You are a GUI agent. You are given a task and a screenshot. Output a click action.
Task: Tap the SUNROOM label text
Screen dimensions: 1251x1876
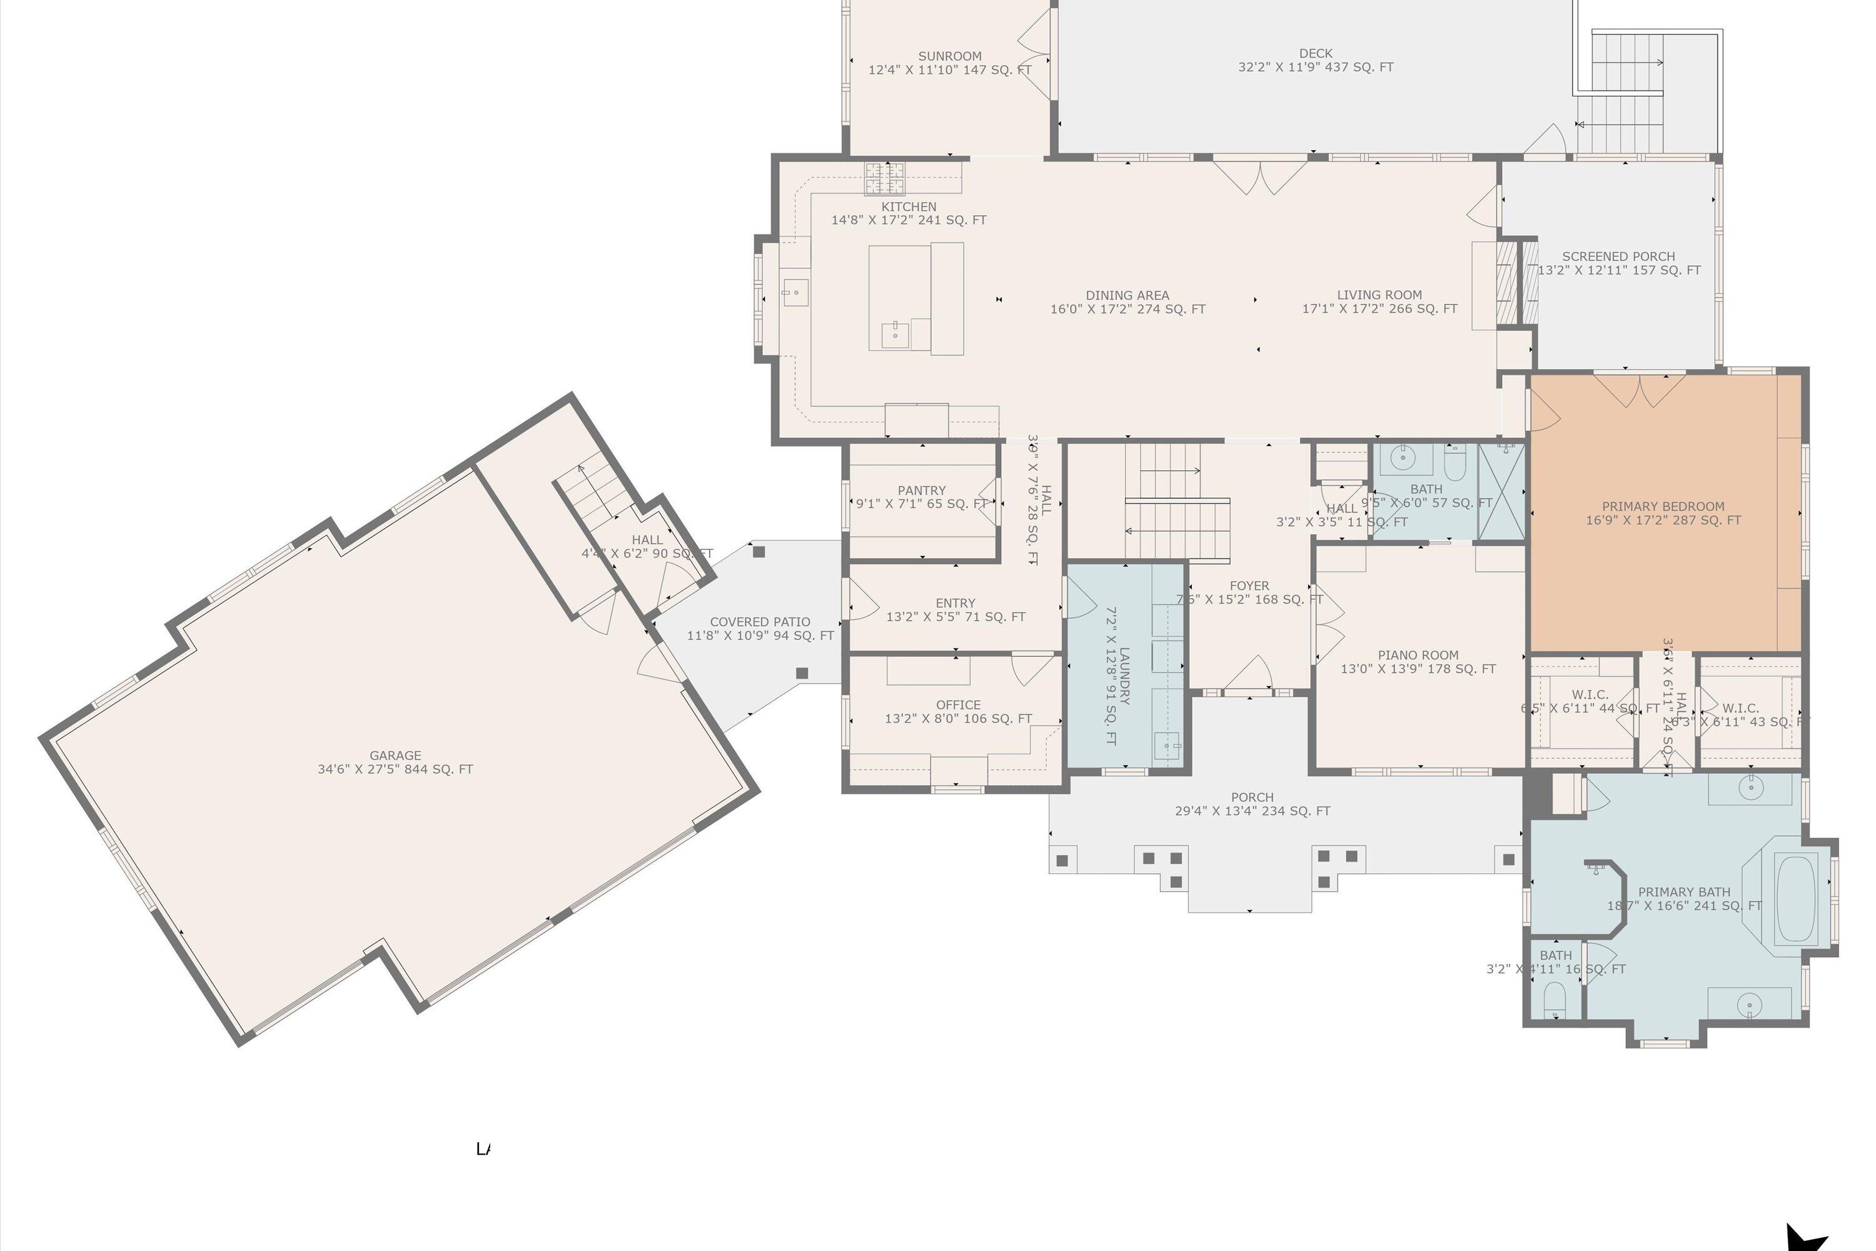(x=949, y=56)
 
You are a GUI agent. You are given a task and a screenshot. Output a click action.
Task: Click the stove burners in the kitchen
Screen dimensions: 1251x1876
(x=885, y=178)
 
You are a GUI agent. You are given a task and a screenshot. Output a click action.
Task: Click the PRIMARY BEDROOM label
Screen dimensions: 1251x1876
(x=1663, y=507)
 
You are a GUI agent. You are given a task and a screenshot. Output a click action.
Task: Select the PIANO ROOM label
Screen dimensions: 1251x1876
(x=1418, y=655)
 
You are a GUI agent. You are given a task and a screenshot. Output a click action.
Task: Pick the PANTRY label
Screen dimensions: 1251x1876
(x=921, y=490)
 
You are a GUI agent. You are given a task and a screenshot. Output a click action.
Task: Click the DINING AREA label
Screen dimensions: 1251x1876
(x=1127, y=295)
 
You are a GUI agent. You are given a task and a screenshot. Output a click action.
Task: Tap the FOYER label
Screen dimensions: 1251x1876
(x=1249, y=585)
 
